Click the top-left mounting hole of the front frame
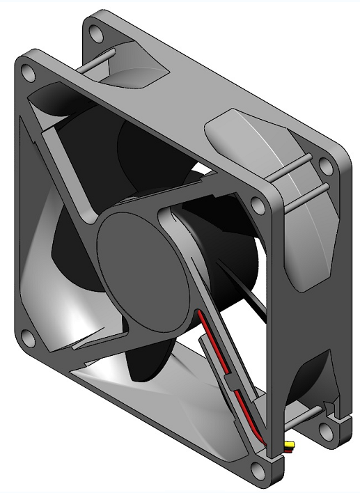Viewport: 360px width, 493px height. [x=28, y=72]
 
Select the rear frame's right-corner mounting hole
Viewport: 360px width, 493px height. [x=325, y=164]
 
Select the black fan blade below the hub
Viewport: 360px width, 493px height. [x=150, y=355]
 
